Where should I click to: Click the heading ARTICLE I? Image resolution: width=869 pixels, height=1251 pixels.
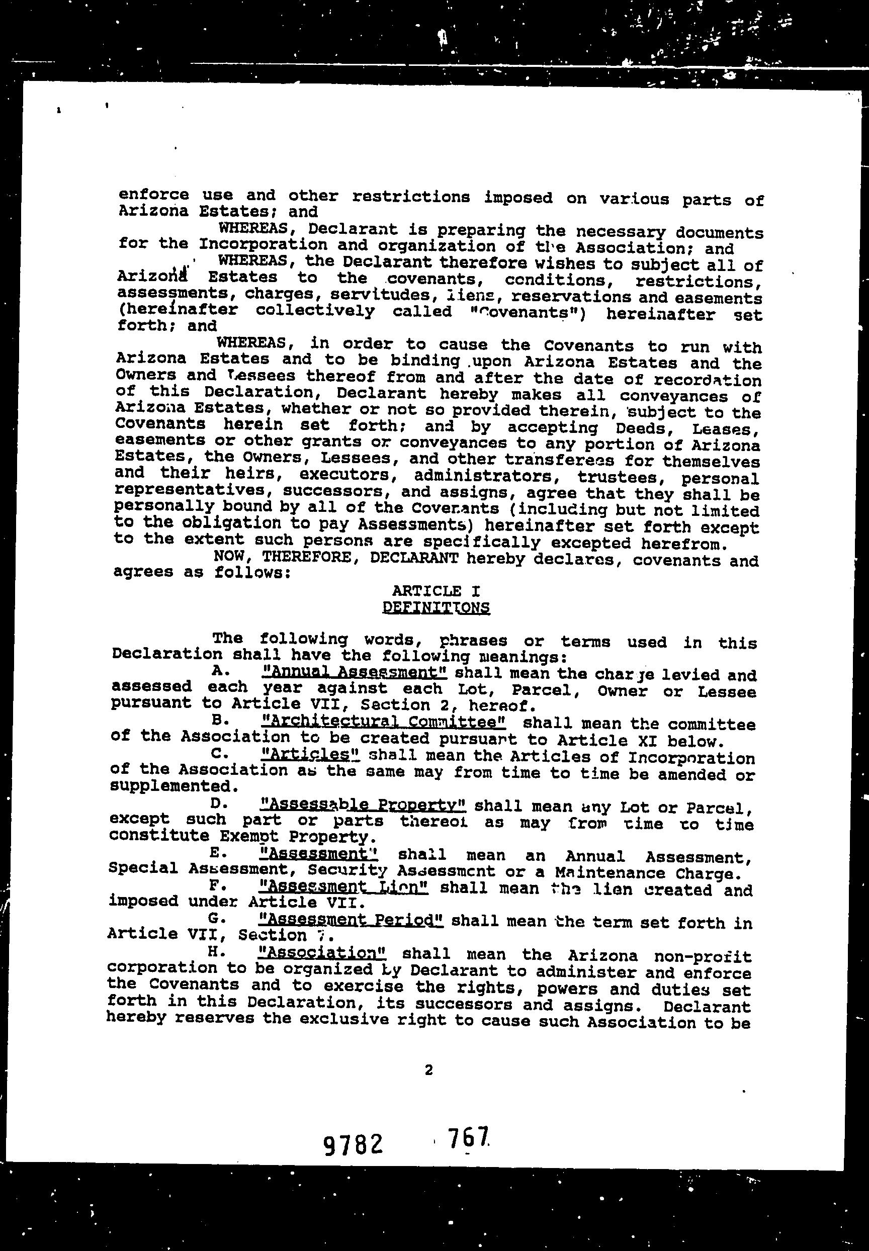coord(436,591)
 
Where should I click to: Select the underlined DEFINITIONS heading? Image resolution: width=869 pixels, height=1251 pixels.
coord(436,607)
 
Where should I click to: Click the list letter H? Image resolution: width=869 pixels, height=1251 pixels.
coord(212,952)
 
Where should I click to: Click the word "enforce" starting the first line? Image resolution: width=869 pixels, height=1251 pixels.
coord(153,195)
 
